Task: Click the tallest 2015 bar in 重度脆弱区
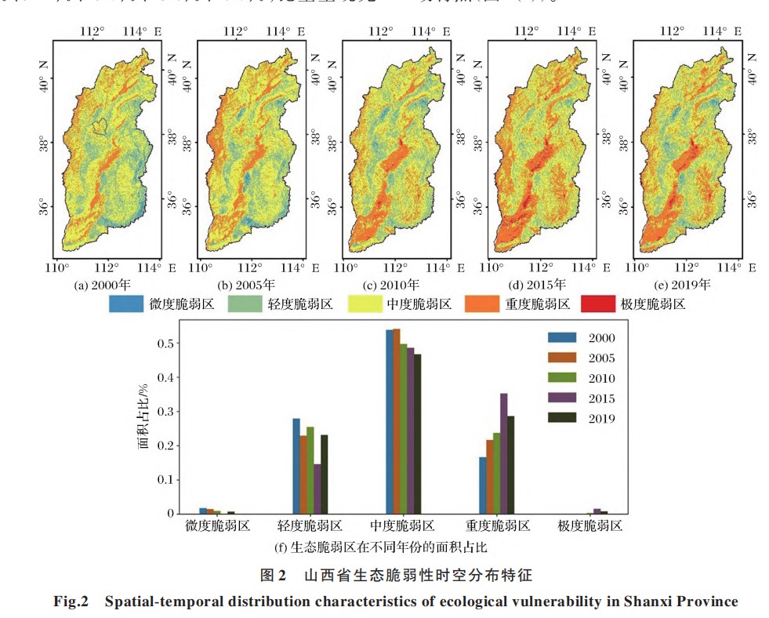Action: click(x=504, y=453)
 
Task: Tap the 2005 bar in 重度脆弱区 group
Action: click(x=490, y=476)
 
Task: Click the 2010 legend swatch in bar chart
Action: click(x=560, y=378)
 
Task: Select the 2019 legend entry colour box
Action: click(x=560, y=418)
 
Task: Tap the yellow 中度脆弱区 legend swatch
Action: click(x=362, y=304)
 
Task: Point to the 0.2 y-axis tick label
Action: click(x=165, y=445)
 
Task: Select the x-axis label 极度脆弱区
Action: click(x=590, y=526)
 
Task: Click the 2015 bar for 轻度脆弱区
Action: click(x=317, y=489)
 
